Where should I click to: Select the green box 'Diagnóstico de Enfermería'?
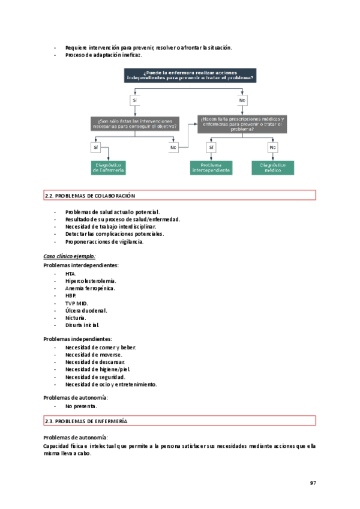[x=108, y=167]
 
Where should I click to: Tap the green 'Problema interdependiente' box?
[x=211, y=167]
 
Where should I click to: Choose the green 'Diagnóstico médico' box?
[x=273, y=167]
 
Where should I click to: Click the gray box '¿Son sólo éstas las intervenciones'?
[x=134, y=124]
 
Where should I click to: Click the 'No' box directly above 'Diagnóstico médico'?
[x=273, y=147]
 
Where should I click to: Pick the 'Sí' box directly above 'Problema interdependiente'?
[x=211, y=147]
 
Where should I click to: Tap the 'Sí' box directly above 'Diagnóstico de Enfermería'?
[x=95, y=147]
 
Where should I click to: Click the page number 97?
[x=313, y=484]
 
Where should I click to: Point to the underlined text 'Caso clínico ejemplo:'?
[x=70, y=256]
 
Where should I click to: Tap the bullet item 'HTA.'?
[x=71, y=274]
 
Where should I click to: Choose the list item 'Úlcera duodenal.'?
[x=86, y=310]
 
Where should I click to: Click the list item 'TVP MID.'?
[x=77, y=303]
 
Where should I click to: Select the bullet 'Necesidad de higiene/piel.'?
[x=98, y=369]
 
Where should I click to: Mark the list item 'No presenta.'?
[x=81, y=406]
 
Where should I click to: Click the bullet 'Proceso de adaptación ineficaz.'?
[x=103, y=55]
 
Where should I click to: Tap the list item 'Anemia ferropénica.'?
[x=90, y=288]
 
